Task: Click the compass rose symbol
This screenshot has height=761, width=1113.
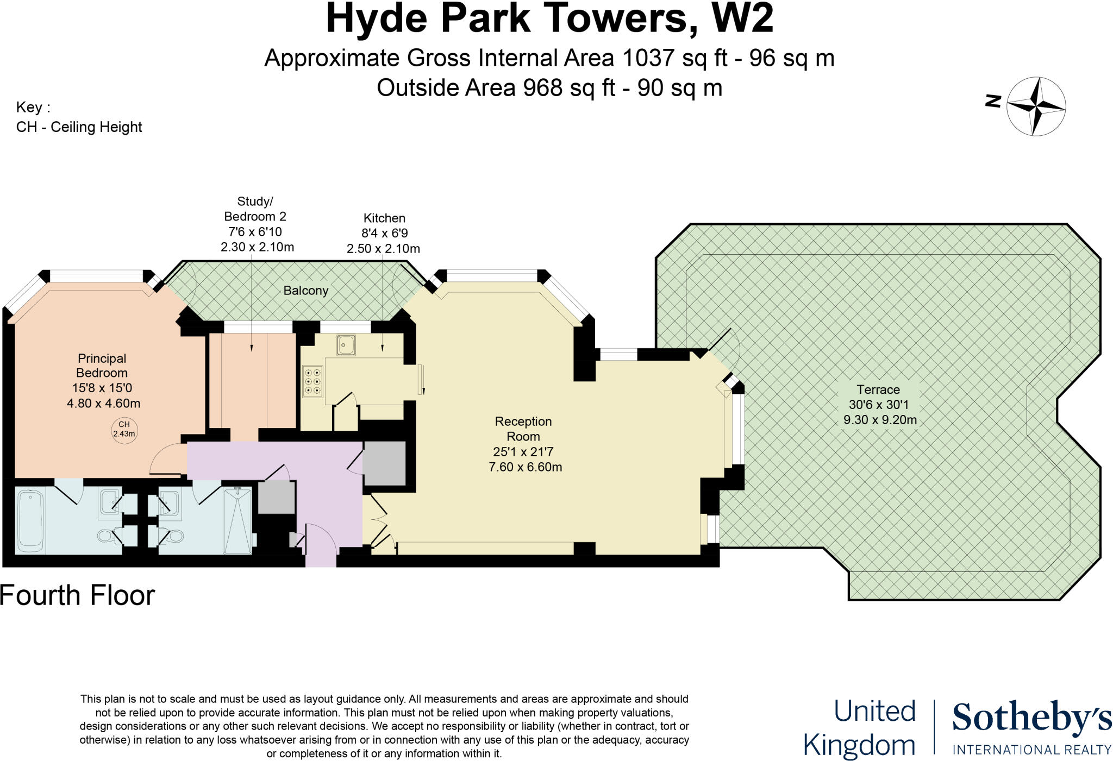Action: tap(1036, 106)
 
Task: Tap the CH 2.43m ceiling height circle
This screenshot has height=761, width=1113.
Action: tap(124, 429)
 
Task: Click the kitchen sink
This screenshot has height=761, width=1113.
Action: tap(346, 344)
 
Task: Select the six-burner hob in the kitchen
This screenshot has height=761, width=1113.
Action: tap(312, 381)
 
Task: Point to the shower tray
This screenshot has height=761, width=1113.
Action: tap(237, 520)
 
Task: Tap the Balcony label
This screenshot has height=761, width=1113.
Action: tap(305, 291)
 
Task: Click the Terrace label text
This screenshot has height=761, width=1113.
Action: tap(878, 389)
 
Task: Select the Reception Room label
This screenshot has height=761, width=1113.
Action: tap(523, 429)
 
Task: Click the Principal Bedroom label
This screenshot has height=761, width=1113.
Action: tap(102, 366)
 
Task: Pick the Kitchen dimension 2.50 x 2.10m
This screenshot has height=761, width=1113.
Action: tap(383, 249)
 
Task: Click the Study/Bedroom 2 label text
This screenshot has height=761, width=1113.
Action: tap(255, 209)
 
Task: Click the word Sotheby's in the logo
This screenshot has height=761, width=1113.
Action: tap(1031, 718)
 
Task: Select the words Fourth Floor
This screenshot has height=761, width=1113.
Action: tap(77, 595)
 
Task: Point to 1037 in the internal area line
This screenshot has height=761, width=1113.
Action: tap(648, 58)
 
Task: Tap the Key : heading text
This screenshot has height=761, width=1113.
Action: tap(33, 107)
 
